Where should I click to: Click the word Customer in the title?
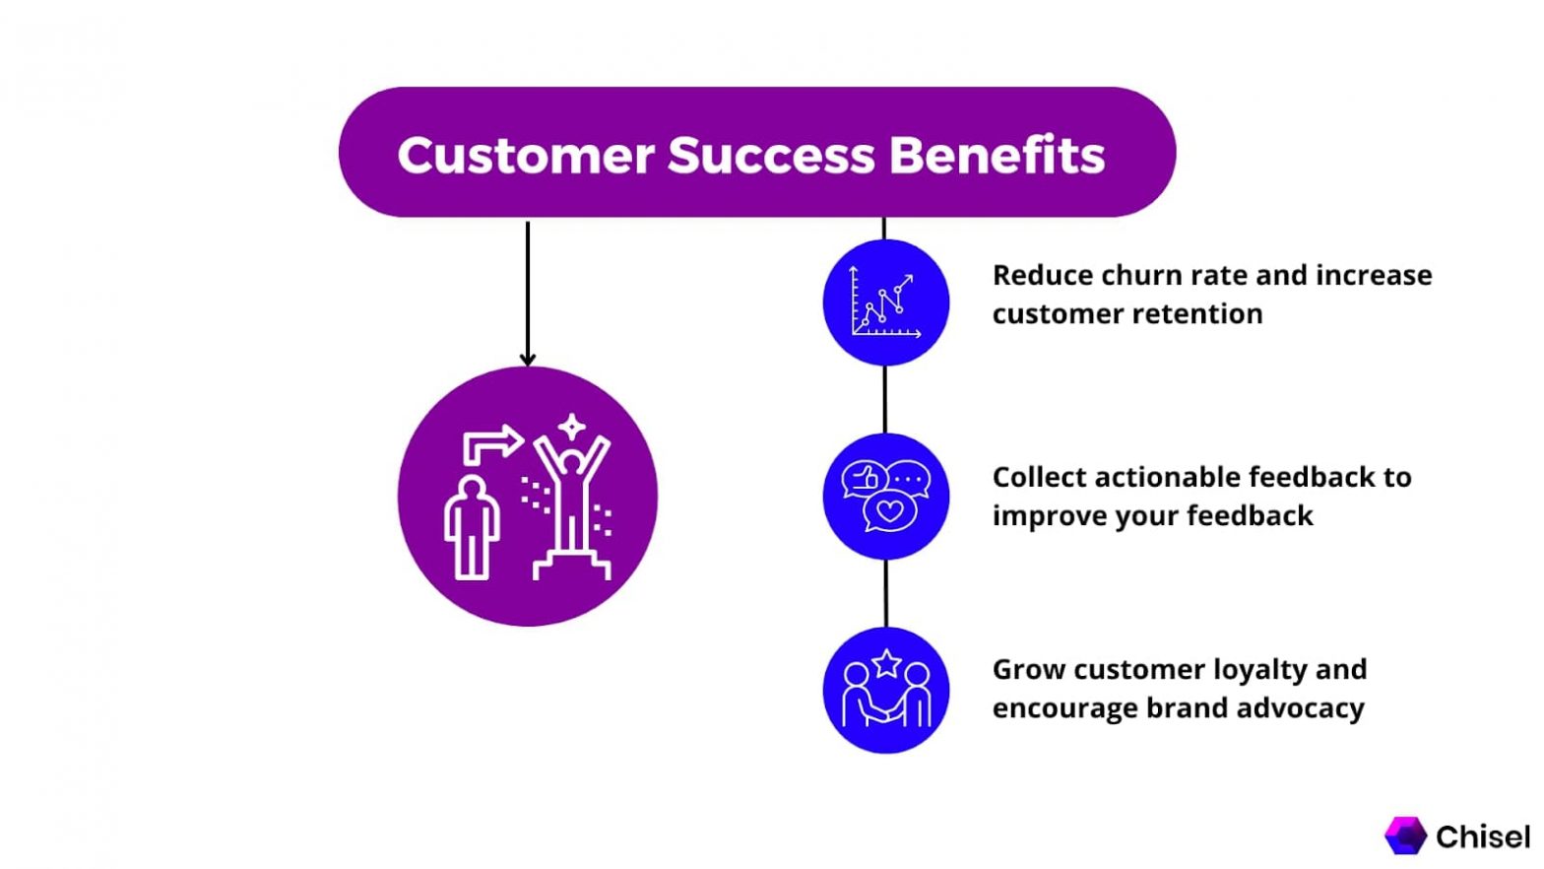525,156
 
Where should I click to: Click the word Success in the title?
771,156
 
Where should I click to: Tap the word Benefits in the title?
997,156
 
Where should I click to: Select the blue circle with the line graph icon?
885,302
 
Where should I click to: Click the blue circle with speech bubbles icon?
885,497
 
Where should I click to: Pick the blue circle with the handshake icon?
885,691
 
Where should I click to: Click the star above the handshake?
886,663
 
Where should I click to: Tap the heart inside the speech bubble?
890,511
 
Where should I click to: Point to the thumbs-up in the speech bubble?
866,479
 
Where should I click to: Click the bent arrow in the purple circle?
492,443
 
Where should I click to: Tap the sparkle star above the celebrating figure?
572,428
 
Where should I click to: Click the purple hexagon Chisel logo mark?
1405,836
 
